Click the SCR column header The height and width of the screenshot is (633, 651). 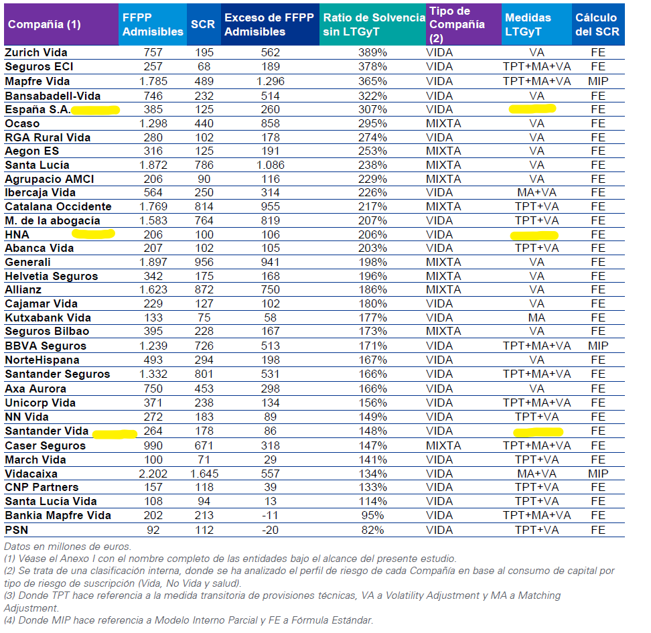pyautogui.click(x=203, y=24)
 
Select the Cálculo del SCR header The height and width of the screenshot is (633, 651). pyautogui.click(x=597, y=24)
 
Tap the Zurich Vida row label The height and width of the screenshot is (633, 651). pyautogui.click(x=36, y=52)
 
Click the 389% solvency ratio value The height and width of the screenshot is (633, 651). pyautogui.click(x=372, y=52)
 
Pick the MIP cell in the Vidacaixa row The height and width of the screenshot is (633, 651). pyautogui.click(x=598, y=474)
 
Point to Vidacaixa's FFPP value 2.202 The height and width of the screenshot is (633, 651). pyautogui.click(x=153, y=474)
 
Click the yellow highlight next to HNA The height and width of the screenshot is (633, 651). pyautogui.click(x=93, y=234)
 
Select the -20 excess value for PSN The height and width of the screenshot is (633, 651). pyautogui.click(x=271, y=530)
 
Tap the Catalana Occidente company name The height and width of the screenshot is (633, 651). pyautogui.click(x=58, y=206)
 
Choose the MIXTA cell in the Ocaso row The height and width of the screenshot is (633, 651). pyautogui.click(x=443, y=123)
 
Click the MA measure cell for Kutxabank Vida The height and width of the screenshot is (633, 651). pyautogui.click(x=536, y=318)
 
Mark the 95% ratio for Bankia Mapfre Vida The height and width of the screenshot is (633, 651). pyautogui.click(x=372, y=516)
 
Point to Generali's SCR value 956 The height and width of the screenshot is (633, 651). pyautogui.click(x=204, y=262)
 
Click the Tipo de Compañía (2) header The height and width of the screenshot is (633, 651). pyautogui.click(x=457, y=25)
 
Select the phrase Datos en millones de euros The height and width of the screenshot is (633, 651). pyautogui.click(x=68, y=546)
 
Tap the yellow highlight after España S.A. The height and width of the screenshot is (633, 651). pyautogui.click(x=96, y=110)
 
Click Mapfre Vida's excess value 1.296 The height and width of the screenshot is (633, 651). pyautogui.click(x=271, y=81)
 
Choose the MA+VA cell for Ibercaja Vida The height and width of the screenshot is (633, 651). pyautogui.click(x=536, y=192)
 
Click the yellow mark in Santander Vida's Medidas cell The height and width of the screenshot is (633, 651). pyautogui.click(x=538, y=432)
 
